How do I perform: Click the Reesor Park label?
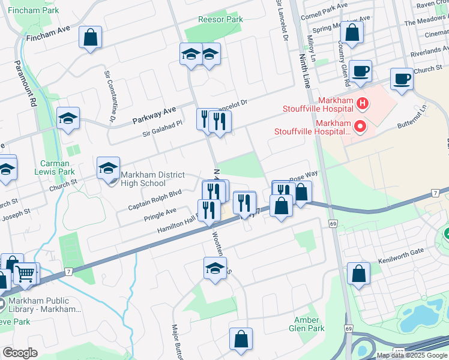[221, 19]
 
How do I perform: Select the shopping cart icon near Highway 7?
[25, 274]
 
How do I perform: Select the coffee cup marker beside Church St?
[401, 79]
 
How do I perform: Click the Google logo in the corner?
[20, 353]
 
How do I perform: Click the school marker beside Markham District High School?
[109, 168]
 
